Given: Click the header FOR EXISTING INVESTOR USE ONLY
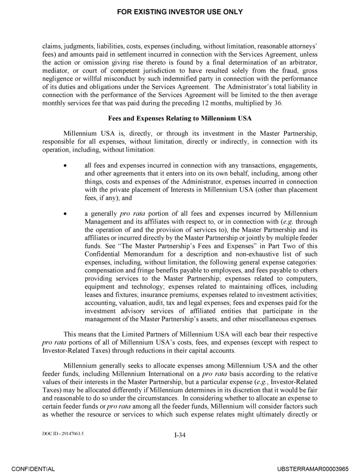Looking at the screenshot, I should (x=180, y=12).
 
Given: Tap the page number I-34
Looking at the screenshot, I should (x=180, y=436).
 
